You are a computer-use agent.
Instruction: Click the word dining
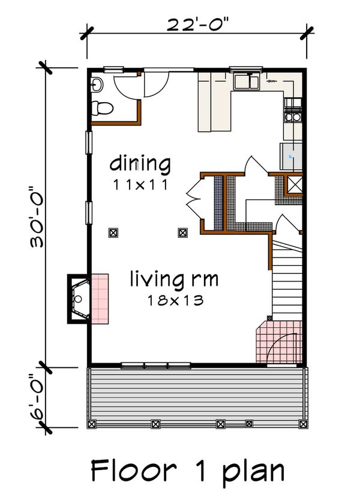pyautogui.click(x=140, y=163)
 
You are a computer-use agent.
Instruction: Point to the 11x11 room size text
pyautogui.click(x=140, y=185)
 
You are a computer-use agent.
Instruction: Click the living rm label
pyautogui.click(x=174, y=279)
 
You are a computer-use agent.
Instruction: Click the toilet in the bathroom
pyautogui.click(x=101, y=109)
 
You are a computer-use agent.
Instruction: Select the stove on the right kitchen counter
pyautogui.click(x=294, y=110)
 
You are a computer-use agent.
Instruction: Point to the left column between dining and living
pyautogui.click(x=112, y=232)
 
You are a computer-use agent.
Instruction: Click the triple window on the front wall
pyautogui.click(x=155, y=364)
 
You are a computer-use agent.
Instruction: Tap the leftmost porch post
pyautogui.click(x=92, y=424)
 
